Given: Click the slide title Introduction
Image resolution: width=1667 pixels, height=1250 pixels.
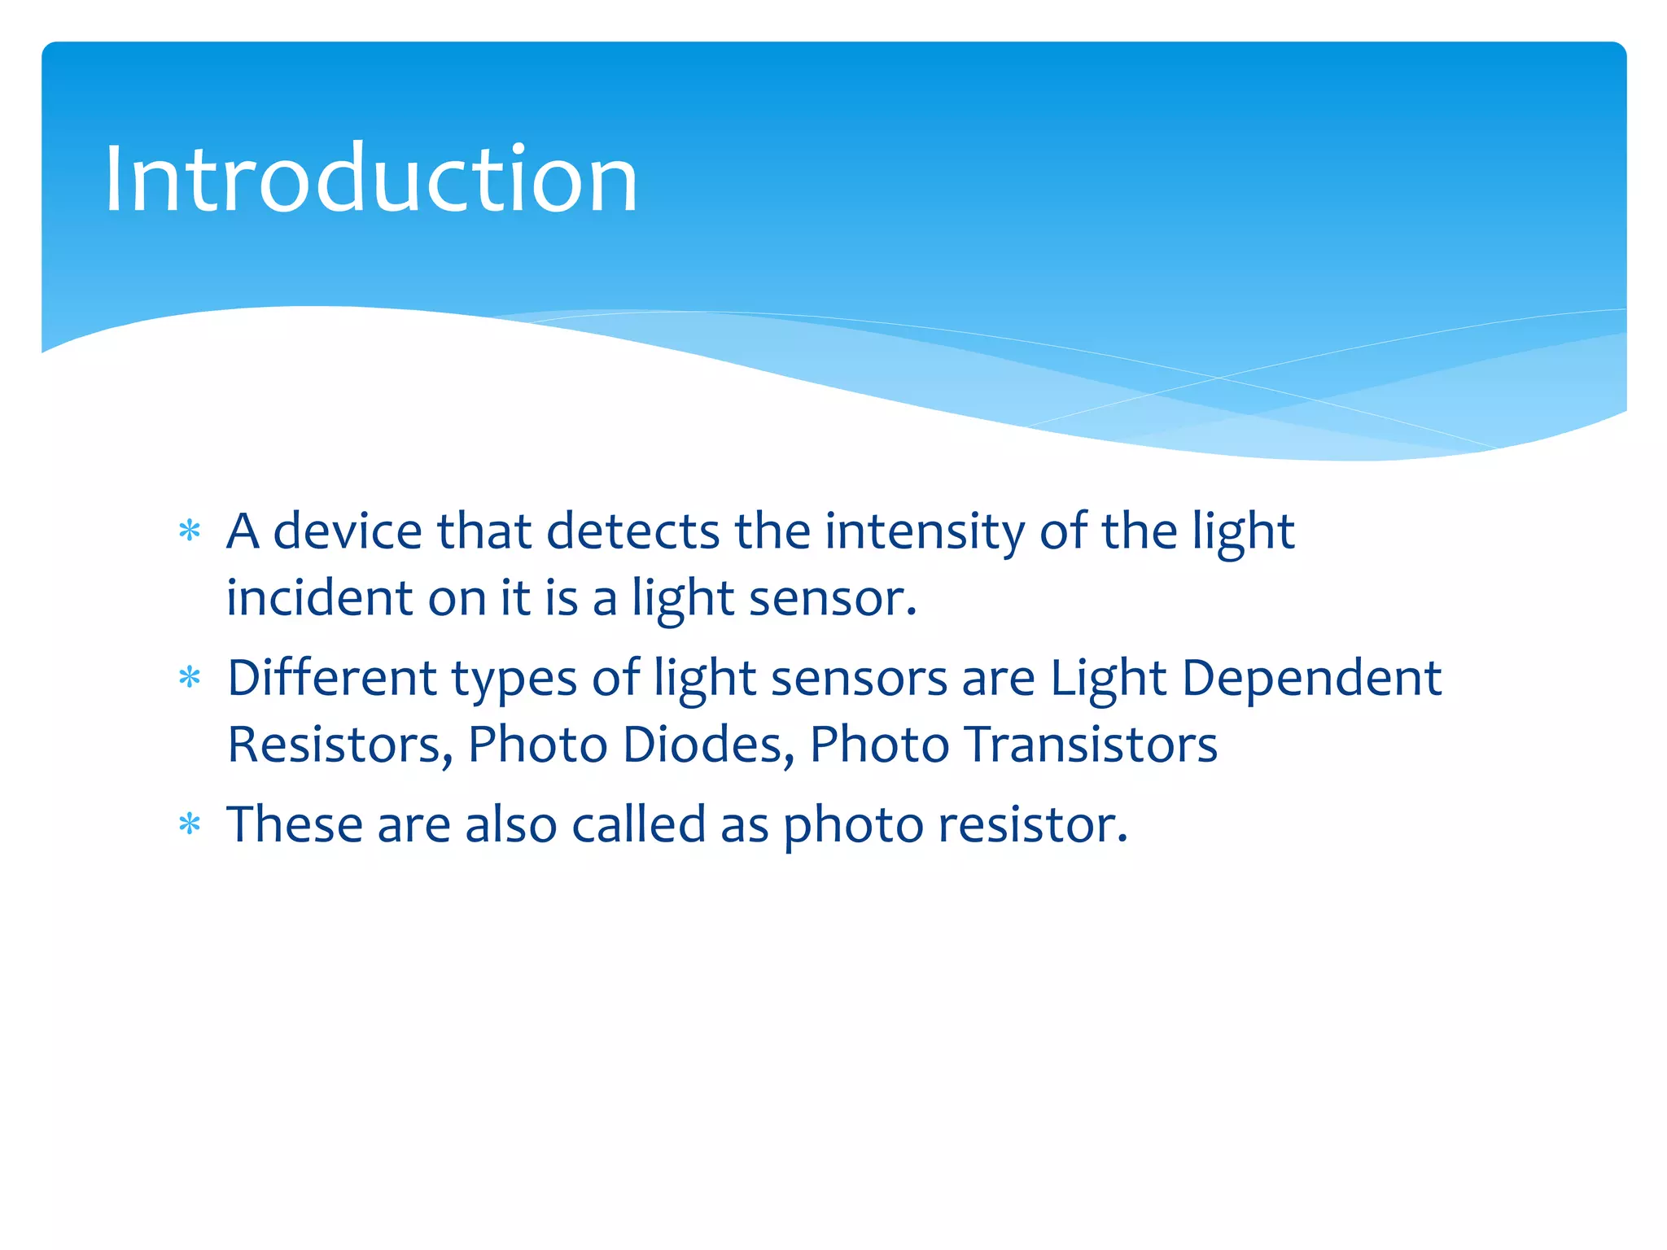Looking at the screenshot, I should [x=370, y=179].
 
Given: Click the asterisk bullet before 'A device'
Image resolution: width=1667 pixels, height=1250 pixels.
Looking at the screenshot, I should [x=190, y=531].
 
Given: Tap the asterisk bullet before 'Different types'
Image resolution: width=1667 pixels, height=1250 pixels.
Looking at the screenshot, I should [x=190, y=677].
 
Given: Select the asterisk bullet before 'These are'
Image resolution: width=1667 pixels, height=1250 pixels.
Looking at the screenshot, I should [x=190, y=824].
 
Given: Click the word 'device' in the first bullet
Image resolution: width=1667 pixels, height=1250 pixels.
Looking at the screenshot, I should [x=347, y=531].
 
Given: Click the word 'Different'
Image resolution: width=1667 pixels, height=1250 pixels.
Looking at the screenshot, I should [x=331, y=677].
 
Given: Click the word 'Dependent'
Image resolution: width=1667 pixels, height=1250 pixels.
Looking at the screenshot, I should [x=1311, y=677].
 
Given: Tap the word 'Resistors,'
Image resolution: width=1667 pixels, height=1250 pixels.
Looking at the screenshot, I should [x=339, y=745].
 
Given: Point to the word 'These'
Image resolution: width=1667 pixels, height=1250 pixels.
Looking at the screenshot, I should [x=294, y=824].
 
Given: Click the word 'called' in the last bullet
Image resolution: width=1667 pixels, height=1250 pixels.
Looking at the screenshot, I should [x=638, y=824].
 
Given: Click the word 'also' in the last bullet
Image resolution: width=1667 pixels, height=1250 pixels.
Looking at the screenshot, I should [x=510, y=824].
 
